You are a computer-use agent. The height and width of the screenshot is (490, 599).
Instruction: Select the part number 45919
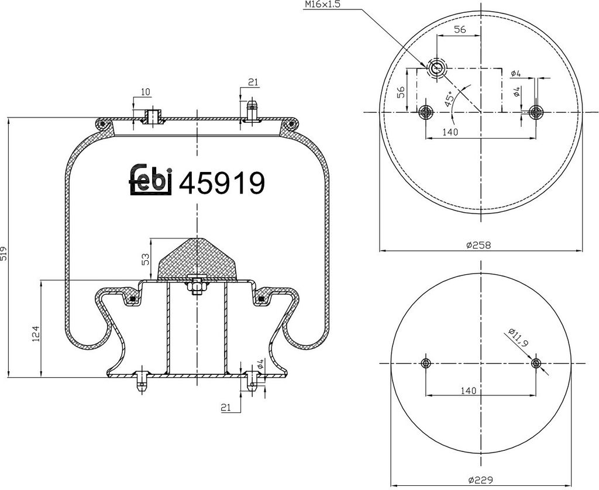222,183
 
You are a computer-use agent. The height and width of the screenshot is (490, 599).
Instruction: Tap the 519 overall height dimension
5,253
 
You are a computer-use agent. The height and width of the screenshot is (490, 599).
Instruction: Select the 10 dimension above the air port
146,92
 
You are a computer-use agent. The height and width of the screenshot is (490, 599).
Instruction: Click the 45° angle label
449,98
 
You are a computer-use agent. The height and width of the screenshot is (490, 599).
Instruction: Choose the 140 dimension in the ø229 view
466,390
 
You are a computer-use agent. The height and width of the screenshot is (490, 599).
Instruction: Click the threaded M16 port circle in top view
435,68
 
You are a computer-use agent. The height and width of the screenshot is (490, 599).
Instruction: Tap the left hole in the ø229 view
426,363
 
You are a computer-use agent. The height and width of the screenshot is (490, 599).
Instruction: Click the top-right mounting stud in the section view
253,111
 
